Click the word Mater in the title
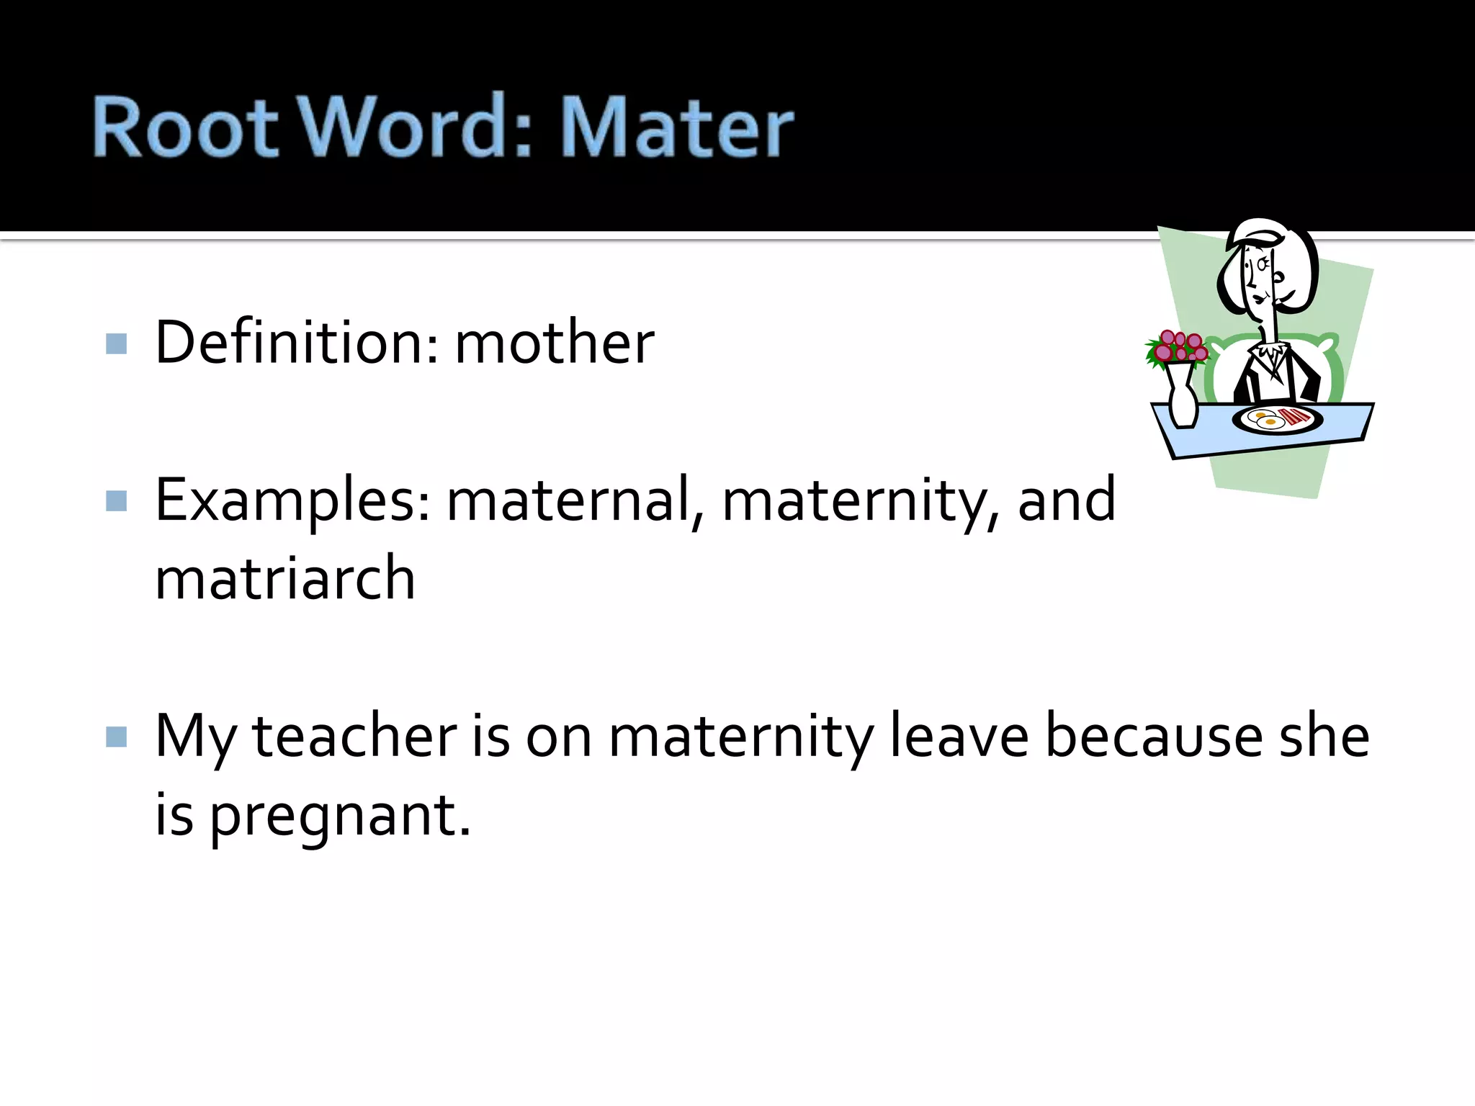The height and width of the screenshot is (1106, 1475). (676, 128)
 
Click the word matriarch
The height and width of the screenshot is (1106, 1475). (285, 578)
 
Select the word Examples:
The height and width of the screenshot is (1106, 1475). (292, 501)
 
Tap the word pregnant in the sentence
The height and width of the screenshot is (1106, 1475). (340, 816)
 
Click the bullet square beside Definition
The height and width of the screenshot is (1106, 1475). (116, 343)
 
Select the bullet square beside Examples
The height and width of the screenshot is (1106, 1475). (116, 500)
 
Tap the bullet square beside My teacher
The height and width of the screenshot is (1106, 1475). (116, 737)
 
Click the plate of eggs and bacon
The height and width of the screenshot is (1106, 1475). (1277, 418)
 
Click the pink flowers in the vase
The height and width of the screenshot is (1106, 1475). (1178, 347)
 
